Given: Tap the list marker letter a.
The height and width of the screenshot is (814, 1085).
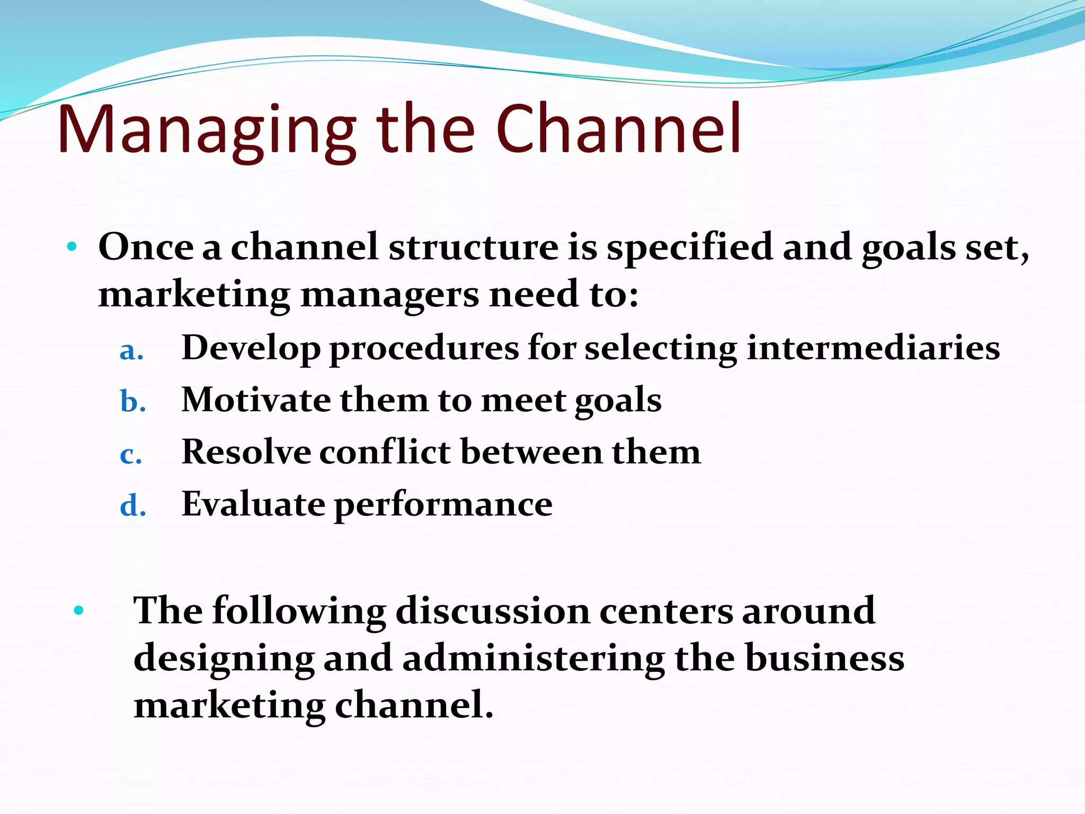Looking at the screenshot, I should click(x=131, y=351).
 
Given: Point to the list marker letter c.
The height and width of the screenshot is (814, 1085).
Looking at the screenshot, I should click(x=130, y=455).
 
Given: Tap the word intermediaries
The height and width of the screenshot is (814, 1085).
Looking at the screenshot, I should click(x=873, y=348).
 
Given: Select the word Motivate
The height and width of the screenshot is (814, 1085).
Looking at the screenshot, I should click(x=256, y=400).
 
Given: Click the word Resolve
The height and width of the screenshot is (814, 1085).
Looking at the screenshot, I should click(x=246, y=452).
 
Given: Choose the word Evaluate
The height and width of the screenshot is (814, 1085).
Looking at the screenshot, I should click(x=253, y=504).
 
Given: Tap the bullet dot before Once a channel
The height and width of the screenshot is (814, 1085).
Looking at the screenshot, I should click(x=73, y=247).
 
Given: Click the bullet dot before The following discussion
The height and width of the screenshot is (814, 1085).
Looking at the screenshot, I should click(x=79, y=610).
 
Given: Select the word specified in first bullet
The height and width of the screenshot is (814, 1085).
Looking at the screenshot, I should click(x=689, y=248).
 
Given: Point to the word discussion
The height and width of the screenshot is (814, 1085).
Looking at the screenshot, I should click(x=493, y=611).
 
